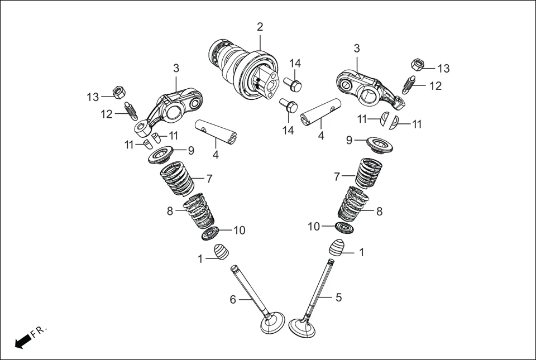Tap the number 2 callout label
point(260,27)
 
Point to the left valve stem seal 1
point(222,252)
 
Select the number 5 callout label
point(338,297)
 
